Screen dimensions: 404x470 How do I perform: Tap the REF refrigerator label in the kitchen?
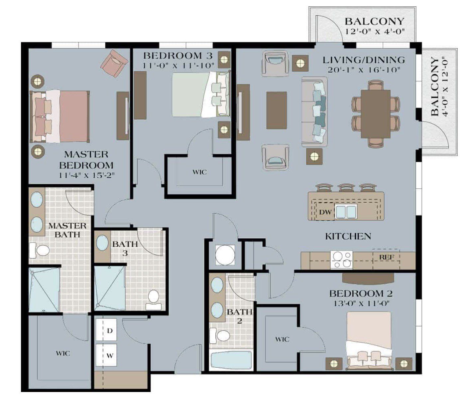point(387,257)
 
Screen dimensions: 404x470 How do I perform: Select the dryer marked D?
point(109,331)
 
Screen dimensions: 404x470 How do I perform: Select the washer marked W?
point(109,355)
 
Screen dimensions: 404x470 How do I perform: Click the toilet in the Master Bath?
point(40,250)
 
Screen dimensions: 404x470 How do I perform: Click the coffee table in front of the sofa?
point(277,110)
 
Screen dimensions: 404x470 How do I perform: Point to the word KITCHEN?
point(348,236)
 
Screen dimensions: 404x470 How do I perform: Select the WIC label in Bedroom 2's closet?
point(282,339)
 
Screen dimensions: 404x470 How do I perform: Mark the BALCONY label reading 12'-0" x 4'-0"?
point(374,26)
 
